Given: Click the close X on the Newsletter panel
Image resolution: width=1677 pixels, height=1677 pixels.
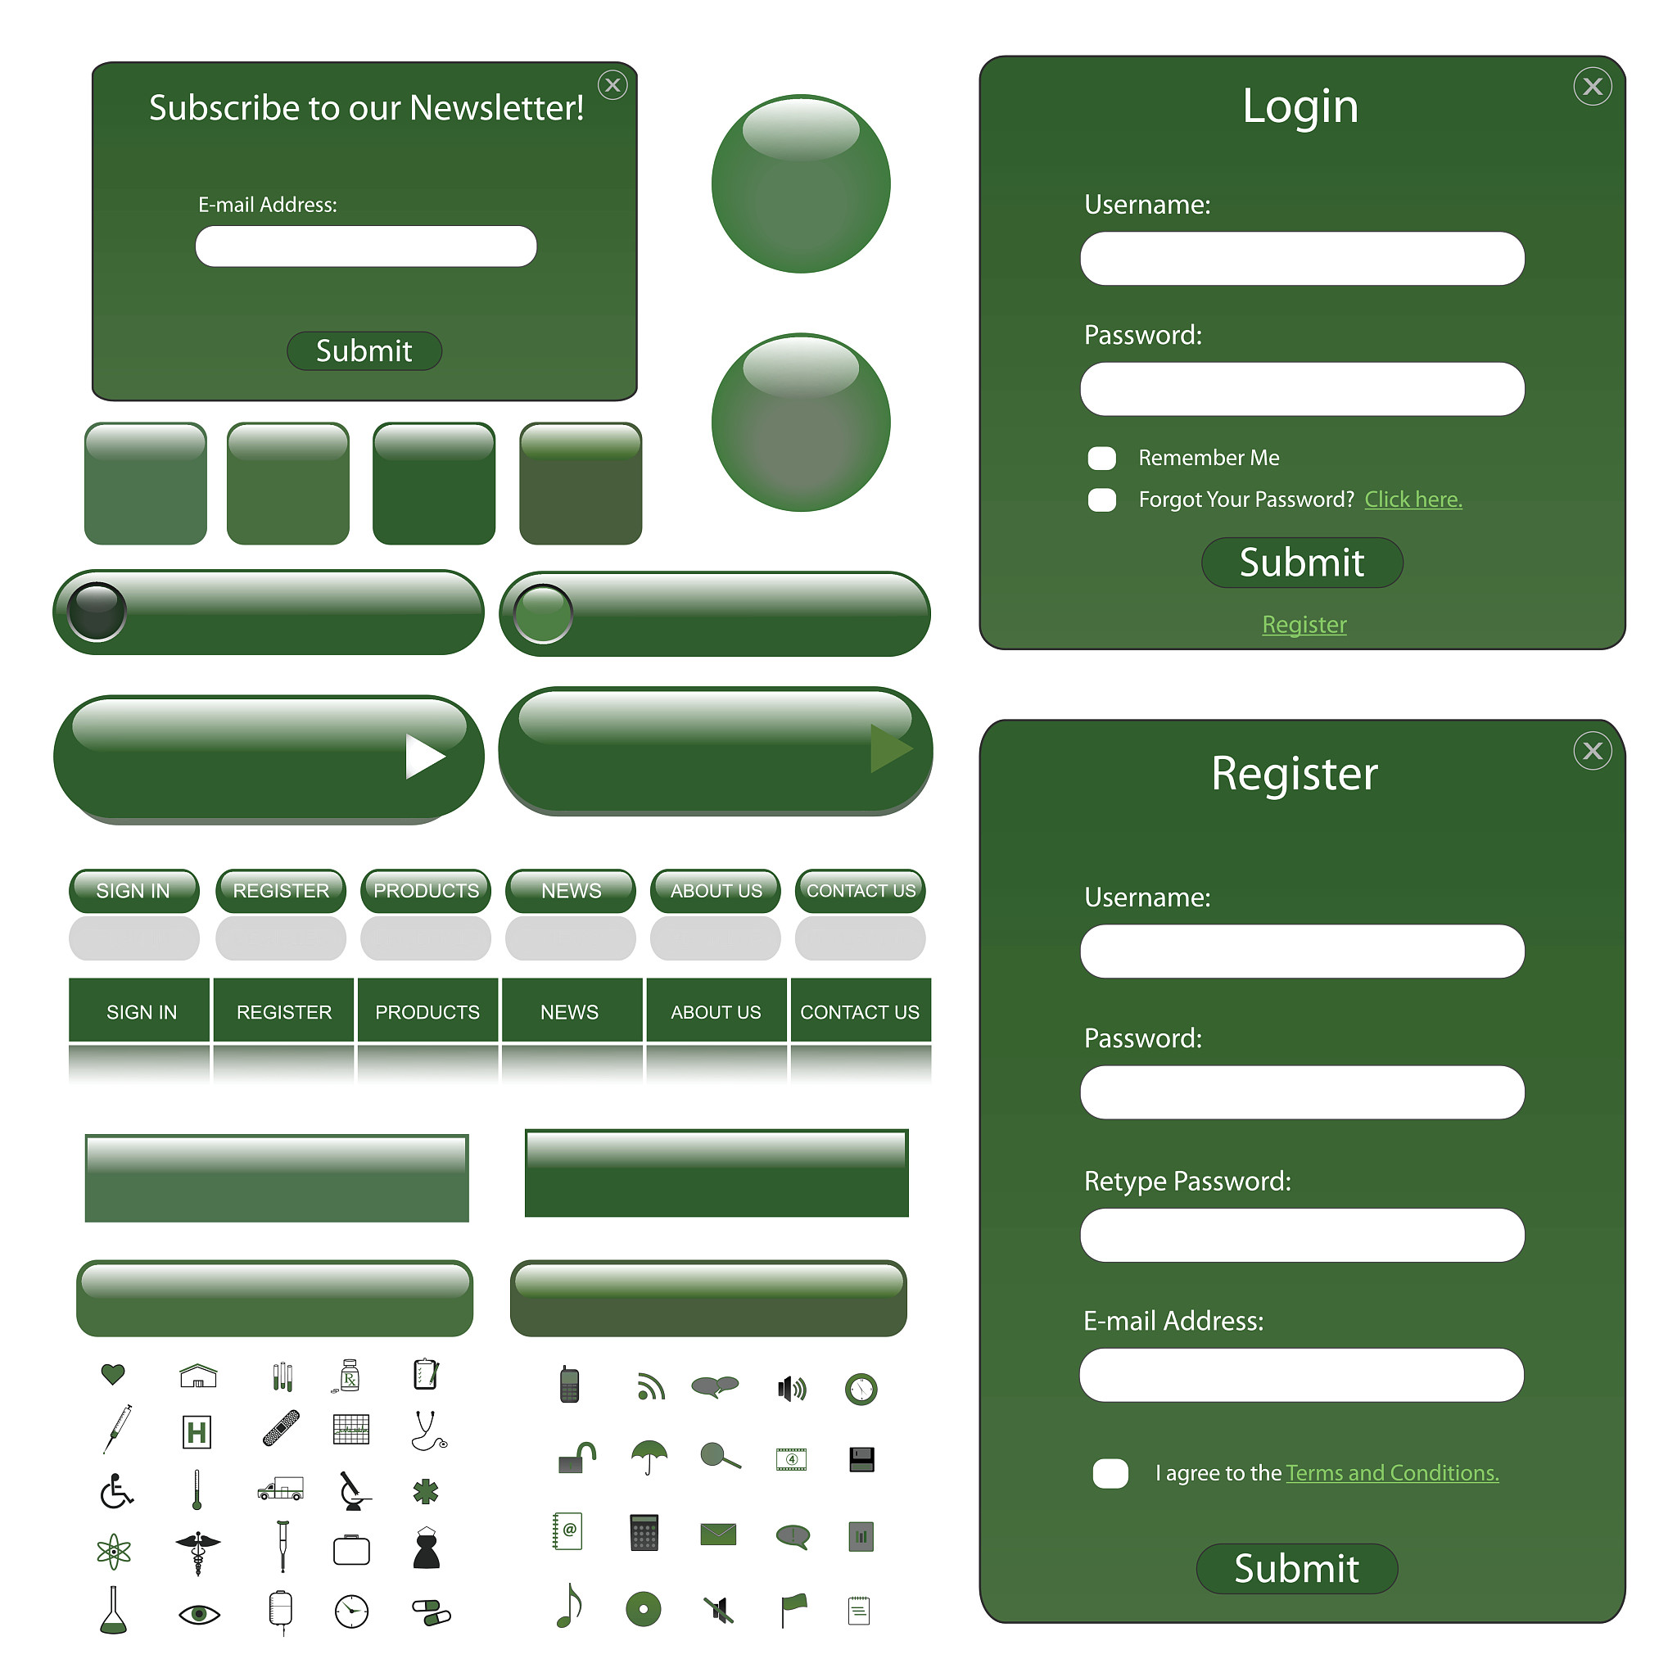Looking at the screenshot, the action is point(612,85).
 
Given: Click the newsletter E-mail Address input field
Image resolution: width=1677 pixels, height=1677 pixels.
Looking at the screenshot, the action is point(365,246).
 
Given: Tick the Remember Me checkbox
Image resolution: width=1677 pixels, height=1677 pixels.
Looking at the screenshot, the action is point(1101,458).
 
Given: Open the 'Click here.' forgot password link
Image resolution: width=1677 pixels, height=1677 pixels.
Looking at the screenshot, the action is point(1413,499).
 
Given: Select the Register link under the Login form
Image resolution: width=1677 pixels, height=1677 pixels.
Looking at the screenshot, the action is point(1304,624).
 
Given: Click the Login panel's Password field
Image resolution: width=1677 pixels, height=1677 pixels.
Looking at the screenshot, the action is point(1302,389).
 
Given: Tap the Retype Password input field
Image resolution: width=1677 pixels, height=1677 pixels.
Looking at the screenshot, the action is point(1302,1235).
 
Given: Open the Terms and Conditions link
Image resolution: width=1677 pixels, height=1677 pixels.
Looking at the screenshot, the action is point(1392,1473).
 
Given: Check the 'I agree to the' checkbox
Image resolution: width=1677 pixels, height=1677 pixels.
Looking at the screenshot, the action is point(1110,1473).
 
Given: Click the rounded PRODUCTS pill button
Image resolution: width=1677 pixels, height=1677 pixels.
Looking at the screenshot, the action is point(425,891).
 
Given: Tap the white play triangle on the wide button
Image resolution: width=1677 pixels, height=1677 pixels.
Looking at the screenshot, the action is point(424,756).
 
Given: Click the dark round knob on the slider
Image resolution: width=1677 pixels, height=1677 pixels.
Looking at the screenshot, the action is point(97,611).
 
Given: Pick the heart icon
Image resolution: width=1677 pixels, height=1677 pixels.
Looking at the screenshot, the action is point(113,1374).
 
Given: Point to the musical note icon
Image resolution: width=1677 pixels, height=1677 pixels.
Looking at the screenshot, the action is point(568,1606).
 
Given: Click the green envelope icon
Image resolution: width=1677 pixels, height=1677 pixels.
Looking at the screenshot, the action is point(718,1535).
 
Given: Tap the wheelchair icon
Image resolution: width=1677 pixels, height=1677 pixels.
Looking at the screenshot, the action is point(116,1491).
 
